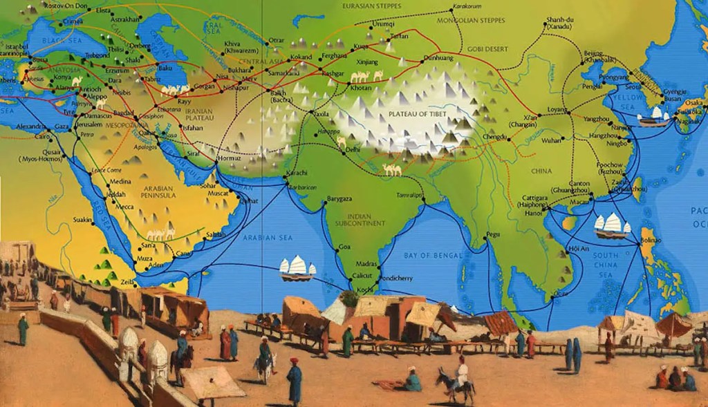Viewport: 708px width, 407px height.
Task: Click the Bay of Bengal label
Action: coord(432,256)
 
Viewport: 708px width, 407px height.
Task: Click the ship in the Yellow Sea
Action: coord(653,117)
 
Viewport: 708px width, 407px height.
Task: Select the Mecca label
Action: coord(125,206)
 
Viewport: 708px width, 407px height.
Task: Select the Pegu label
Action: coord(492,235)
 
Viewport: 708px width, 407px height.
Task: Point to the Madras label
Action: coord(367,264)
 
